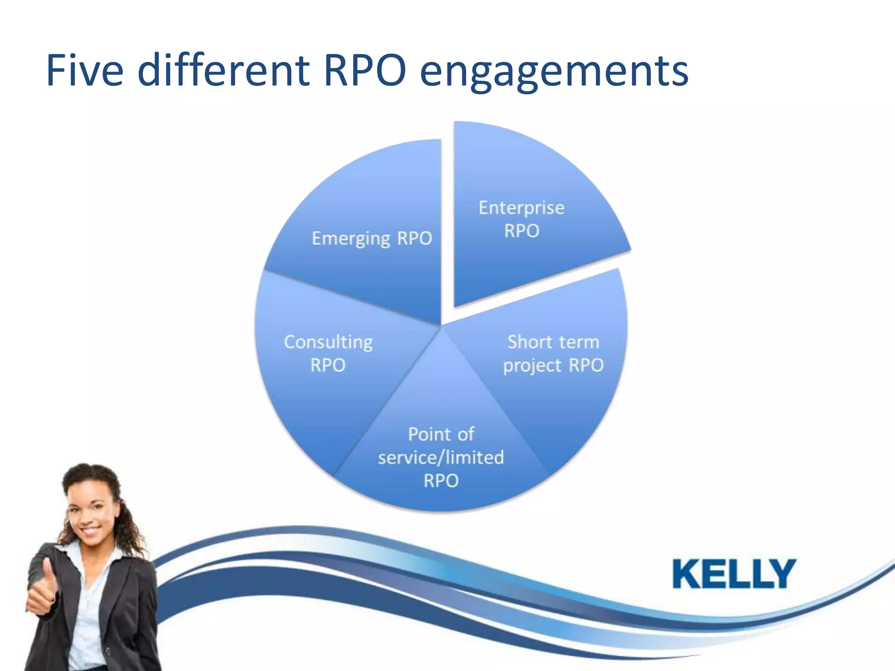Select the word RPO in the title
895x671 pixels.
tap(365, 70)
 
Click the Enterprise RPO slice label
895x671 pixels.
tap(521, 219)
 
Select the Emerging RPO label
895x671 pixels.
tap(371, 239)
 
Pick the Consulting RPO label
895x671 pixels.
tap(328, 353)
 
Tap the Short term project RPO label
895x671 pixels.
tap(553, 353)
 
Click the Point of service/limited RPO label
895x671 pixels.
tap(441, 457)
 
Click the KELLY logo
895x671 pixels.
tap(734, 574)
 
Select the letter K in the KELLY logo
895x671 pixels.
tap(688, 574)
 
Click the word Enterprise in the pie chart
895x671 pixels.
tap(521, 208)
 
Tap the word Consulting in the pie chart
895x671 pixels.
tap(328, 342)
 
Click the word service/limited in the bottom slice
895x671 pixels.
tap(441, 457)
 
